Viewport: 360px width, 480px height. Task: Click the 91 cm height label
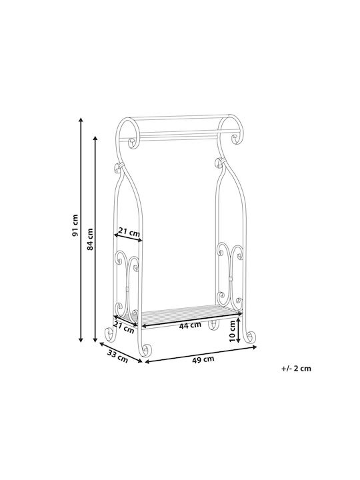[x=75, y=225]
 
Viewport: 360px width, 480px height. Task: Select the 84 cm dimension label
[x=90, y=239]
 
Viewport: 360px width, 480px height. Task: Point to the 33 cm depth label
[x=117, y=356]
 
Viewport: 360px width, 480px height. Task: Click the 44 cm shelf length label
[x=190, y=325]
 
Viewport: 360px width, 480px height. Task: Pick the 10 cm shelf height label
[x=232, y=331]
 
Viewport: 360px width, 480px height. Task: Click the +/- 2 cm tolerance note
[x=296, y=368]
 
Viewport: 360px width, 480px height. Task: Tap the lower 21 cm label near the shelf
[x=124, y=327]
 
